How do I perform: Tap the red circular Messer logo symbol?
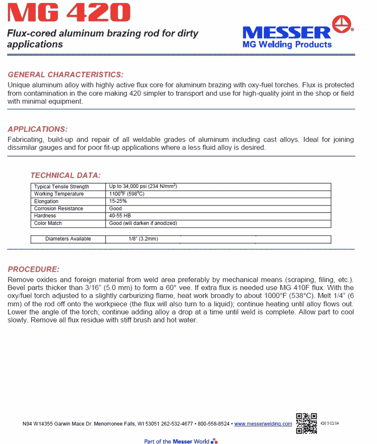click(x=342, y=25)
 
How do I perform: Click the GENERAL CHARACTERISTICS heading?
click(x=66, y=75)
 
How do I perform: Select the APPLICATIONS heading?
click(x=38, y=129)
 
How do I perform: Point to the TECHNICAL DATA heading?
click(x=65, y=175)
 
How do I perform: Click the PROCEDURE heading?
click(x=33, y=269)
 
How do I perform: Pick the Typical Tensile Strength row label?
click(x=61, y=187)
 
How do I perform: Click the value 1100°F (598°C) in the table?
click(x=127, y=194)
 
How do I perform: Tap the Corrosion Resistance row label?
click(x=58, y=209)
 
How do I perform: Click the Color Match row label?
click(x=48, y=224)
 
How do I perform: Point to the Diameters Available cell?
click(x=68, y=239)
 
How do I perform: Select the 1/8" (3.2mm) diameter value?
click(x=140, y=239)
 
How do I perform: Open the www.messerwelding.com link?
click(x=263, y=424)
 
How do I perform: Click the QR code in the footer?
click(x=306, y=423)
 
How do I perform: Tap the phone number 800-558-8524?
click(x=213, y=424)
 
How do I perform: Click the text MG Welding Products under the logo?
click(x=287, y=44)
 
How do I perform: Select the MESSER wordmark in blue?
click(x=287, y=32)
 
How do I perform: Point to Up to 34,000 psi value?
click(x=142, y=187)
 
